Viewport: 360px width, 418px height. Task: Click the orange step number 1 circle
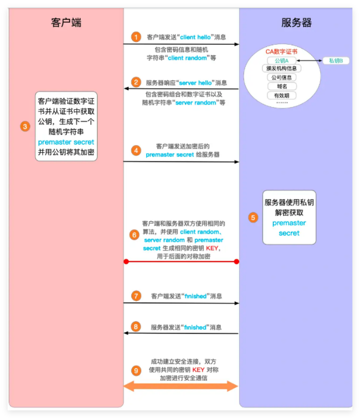tap(137, 37)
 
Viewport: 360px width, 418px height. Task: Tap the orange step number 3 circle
tap(25, 127)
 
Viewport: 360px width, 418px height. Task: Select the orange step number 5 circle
tap(253, 217)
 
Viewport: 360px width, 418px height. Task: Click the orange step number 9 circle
tap(137, 370)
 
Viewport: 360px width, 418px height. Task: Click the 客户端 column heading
tap(66, 23)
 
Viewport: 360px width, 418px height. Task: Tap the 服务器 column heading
tap(296, 23)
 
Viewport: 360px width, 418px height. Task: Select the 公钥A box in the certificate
tap(281, 60)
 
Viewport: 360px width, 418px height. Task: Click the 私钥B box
tap(336, 60)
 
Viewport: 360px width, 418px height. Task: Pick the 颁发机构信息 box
tap(281, 69)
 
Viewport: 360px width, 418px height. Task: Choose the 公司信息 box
tap(281, 77)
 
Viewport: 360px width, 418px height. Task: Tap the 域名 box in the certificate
tap(281, 86)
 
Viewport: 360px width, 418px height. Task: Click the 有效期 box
tap(281, 95)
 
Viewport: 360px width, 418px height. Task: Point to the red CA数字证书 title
tap(281, 51)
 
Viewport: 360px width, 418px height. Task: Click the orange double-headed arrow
tap(181, 386)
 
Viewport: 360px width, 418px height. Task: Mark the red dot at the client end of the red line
tap(126, 261)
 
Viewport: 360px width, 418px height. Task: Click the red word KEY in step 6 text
tap(212, 249)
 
